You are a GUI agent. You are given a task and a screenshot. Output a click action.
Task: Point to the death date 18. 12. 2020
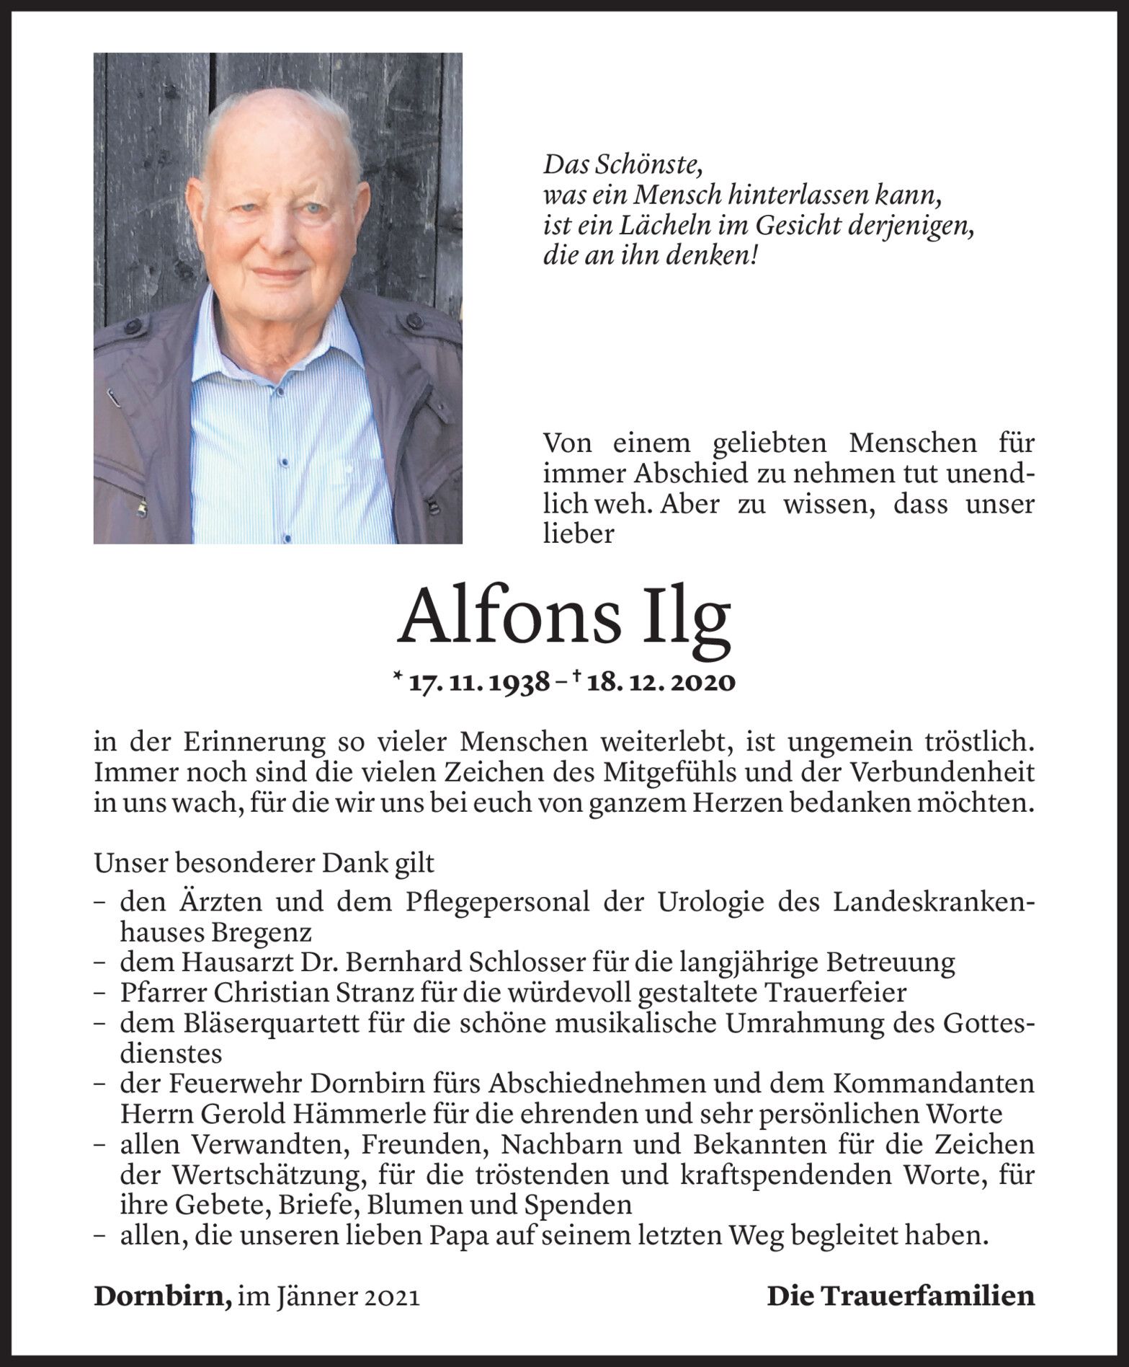[x=661, y=681]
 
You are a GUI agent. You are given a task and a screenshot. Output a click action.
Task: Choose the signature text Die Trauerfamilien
[x=900, y=1296]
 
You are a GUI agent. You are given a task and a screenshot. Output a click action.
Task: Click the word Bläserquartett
[x=269, y=1023]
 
